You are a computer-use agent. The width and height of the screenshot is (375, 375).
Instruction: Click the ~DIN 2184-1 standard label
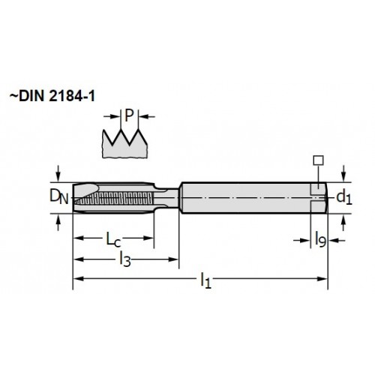[52, 96]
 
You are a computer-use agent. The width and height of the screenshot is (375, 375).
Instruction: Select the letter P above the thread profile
[129, 115]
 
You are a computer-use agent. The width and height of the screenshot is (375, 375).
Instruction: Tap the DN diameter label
[58, 196]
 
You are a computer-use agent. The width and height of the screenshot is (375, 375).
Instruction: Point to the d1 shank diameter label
[344, 197]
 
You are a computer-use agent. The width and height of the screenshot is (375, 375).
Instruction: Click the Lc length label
[113, 239]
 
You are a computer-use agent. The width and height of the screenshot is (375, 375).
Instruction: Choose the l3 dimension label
[125, 259]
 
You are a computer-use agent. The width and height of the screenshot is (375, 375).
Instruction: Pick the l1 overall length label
[205, 280]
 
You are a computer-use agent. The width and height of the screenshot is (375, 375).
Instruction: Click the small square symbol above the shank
[319, 160]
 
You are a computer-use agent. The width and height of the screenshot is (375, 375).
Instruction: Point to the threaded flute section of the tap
[113, 198]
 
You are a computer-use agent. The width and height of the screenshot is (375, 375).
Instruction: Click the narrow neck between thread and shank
[166, 198]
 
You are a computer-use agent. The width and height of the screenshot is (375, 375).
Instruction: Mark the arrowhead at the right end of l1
[322, 279]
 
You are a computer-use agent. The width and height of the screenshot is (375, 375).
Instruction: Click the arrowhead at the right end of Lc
[148, 238]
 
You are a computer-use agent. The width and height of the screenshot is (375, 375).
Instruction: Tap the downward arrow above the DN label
[58, 173]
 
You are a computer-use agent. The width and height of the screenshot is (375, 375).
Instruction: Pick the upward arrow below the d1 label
[343, 223]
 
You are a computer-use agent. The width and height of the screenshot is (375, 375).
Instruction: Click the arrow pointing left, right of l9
[337, 241]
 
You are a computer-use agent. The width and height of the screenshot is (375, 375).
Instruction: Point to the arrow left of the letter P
[112, 116]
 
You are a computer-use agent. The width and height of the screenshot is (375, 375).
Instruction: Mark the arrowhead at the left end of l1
[78, 279]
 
